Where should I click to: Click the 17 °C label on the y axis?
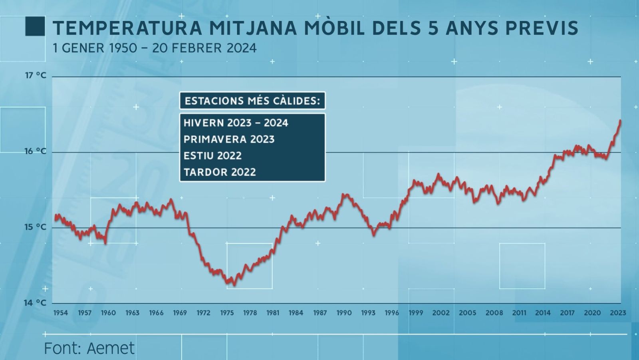pyautogui.click(x=36, y=75)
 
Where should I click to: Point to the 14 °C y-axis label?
pyautogui.click(x=35, y=303)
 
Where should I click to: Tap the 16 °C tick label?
pyautogui.click(x=36, y=151)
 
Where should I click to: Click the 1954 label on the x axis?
pyautogui.click(x=61, y=313)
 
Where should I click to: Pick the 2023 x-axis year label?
pyautogui.click(x=618, y=313)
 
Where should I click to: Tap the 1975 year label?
pyautogui.click(x=227, y=313)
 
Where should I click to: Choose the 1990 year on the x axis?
pyautogui.click(x=344, y=313)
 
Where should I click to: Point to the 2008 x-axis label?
pyautogui.click(x=494, y=313)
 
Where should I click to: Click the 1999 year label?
pyautogui.click(x=416, y=313)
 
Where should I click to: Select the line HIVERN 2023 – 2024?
pyautogui.click(x=236, y=123)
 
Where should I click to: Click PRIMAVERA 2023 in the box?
pyautogui.click(x=229, y=139)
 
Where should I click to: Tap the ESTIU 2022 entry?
pyautogui.click(x=212, y=156)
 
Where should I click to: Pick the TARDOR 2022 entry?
pyautogui.click(x=220, y=172)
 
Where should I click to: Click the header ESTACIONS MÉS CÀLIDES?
pyautogui.click(x=252, y=101)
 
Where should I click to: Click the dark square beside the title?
pyautogui.click(x=35, y=26)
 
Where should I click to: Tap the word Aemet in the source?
pyautogui.click(x=111, y=348)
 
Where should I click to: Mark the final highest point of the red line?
pyautogui.click(x=620, y=121)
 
